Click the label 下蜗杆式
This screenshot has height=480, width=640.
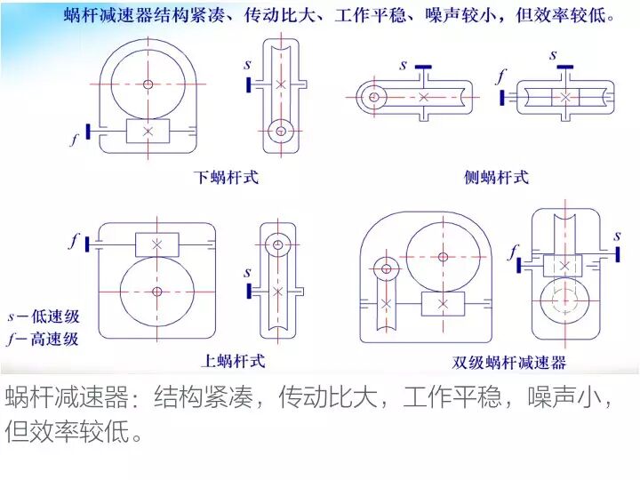pos(228,177)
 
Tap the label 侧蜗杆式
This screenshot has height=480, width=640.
pos(497,177)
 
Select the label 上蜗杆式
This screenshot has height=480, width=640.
pos(234,361)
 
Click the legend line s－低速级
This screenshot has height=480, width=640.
pos(44,316)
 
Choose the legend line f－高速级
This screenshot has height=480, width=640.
pos(44,338)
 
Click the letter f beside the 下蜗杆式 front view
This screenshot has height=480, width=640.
pos(75,139)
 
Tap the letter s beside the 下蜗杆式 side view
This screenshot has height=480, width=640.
pos(247,64)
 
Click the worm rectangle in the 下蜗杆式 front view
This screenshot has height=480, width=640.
pos(148,131)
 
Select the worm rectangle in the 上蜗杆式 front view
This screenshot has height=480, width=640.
pos(157,244)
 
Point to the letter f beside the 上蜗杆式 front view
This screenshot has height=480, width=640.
pos(74,240)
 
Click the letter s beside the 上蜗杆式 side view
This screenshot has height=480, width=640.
pos(247,272)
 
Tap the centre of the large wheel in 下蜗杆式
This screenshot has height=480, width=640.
pos(148,84)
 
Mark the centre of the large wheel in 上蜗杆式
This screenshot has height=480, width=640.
pos(157,291)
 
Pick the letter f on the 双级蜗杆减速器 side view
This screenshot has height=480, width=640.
pos(511,252)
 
